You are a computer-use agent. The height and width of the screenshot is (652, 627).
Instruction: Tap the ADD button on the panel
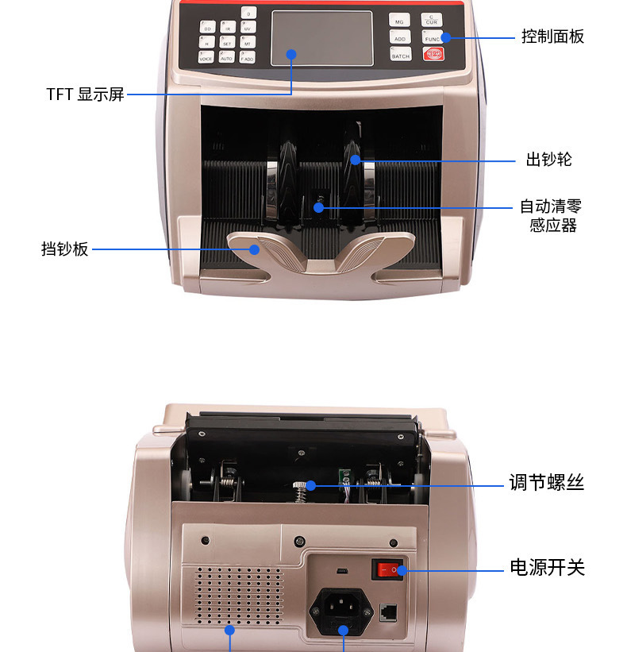pyautogui.click(x=400, y=37)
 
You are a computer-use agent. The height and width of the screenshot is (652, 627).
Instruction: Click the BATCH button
pyautogui.click(x=400, y=55)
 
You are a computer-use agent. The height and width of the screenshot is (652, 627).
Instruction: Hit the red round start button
pyautogui.click(x=433, y=54)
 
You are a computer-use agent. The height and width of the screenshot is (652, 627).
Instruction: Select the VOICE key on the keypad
pyautogui.click(x=206, y=57)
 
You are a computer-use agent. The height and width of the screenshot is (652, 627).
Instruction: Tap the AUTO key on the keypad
pyautogui.click(x=227, y=57)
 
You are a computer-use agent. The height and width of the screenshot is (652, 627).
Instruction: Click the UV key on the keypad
pyautogui.click(x=248, y=28)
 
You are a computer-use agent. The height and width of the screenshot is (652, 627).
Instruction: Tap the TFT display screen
pyautogui.click(x=321, y=38)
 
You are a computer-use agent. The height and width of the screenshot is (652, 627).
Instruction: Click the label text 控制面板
pyautogui.click(x=552, y=37)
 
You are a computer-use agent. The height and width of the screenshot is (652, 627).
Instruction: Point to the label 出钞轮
pyautogui.click(x=548, y=160)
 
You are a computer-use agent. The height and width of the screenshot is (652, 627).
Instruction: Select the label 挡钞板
pyautogui.click(x=65, y=249)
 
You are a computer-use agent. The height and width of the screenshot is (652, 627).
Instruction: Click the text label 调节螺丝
pyautogui.click(x=546, y=482)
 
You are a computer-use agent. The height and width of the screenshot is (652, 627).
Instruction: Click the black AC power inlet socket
pyautogui.click(x=342, y=610)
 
